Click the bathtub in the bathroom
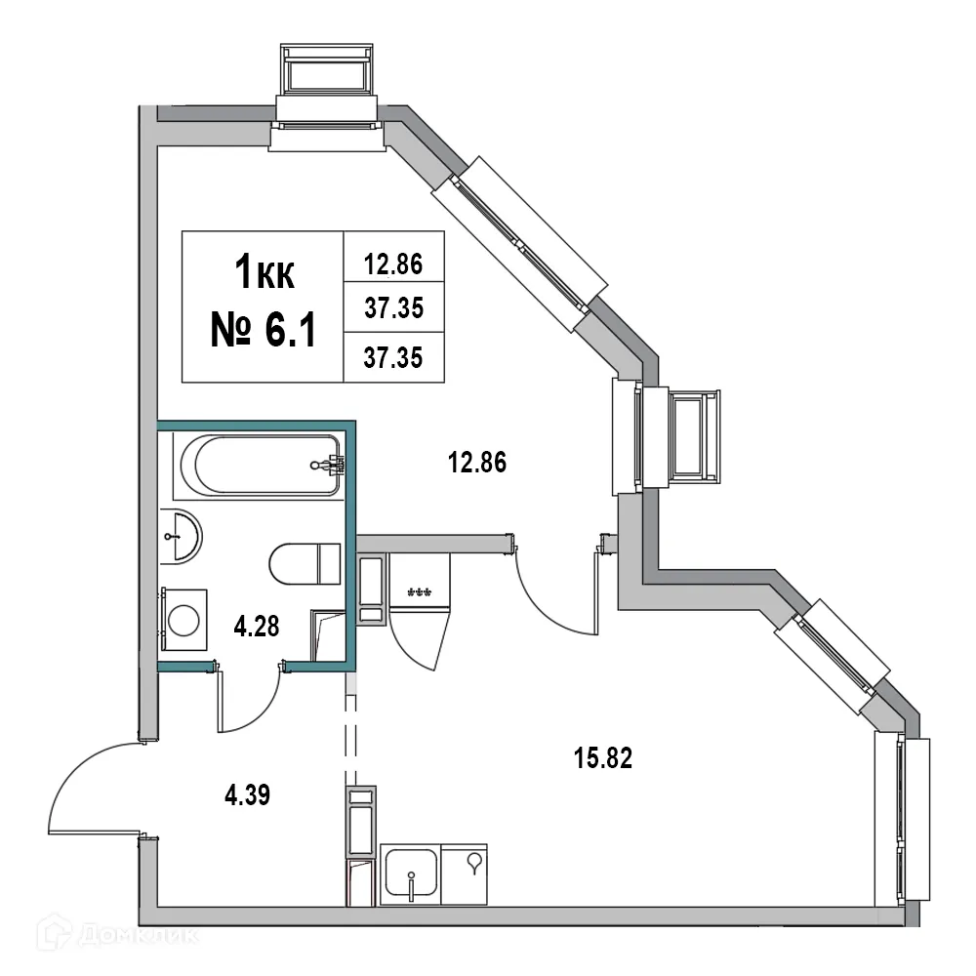(x=259, y=465)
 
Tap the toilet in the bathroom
(x=304, y=564)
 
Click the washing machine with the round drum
(x=183, y=617)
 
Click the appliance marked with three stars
(x=420, y=591)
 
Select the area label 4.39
(x=247, y=795)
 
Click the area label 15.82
(x=603, y=757)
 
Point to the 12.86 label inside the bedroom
(x=476, y=462)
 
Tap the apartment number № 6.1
(x=262, y=333)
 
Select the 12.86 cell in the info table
(x=392, y=263)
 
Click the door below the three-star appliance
(x=422, y=639)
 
